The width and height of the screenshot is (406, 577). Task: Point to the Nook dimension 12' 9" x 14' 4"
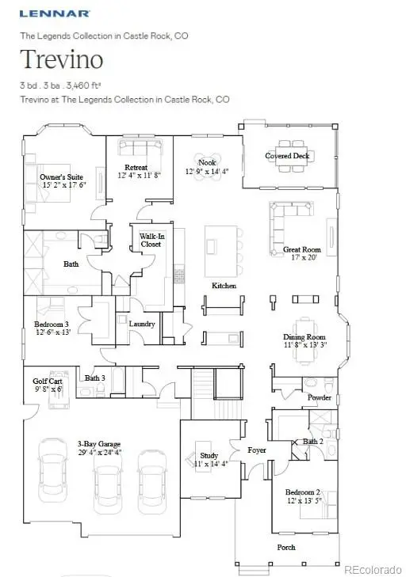tap(207, 171)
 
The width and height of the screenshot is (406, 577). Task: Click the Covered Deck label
tap(287, 156)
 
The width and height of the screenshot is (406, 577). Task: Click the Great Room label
tap(301, 249)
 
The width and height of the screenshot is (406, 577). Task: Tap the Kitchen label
tap(223, 285)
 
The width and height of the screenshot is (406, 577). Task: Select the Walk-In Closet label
tap(151, 240)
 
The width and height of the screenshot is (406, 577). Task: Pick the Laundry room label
tap(142, 324)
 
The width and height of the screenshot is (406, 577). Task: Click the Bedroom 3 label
tap(51, 325)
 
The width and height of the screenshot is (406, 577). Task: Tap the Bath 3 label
tap(95, 378)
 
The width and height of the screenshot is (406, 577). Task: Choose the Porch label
tap(286, 547)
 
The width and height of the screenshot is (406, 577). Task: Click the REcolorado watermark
tap(373, 567)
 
